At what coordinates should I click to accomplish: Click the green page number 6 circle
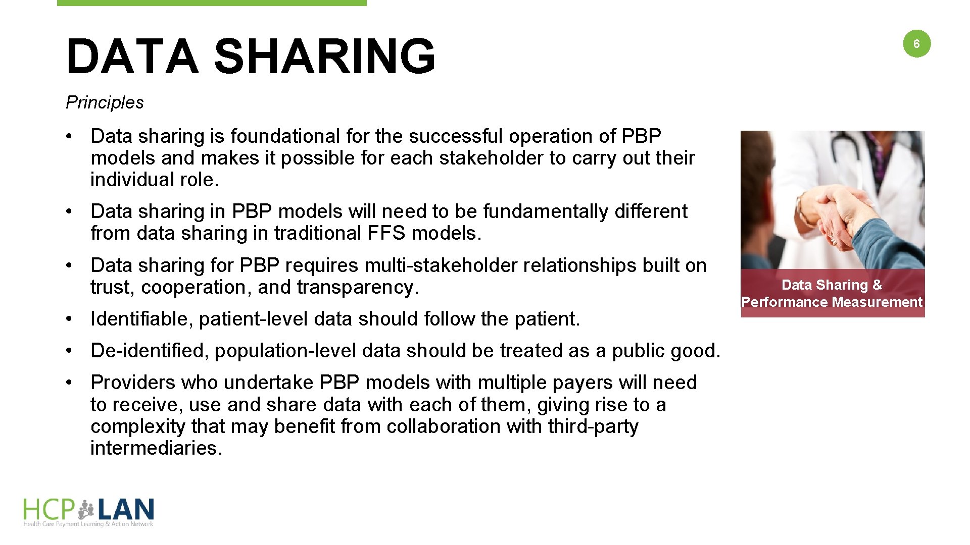pyautogui.click(x=916, y=44)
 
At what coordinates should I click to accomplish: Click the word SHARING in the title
pyautogui.click(x=324, y=56)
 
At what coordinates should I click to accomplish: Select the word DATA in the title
pyautogui.click(x=132, y=56)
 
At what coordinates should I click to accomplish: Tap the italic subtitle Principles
pyautogui.click(x=105, y=102)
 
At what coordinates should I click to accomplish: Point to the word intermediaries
pyautogui.click(x=156, y=448)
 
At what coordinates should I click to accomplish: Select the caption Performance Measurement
pyautogui.click(x=832, y=302)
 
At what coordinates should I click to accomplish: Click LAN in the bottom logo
pyautogui.click(x=126, y=510)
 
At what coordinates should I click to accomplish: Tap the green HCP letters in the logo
pyautogui.click(x=49, y=510)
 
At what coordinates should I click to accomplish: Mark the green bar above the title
pyautogui.click(x=212, y=3)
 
